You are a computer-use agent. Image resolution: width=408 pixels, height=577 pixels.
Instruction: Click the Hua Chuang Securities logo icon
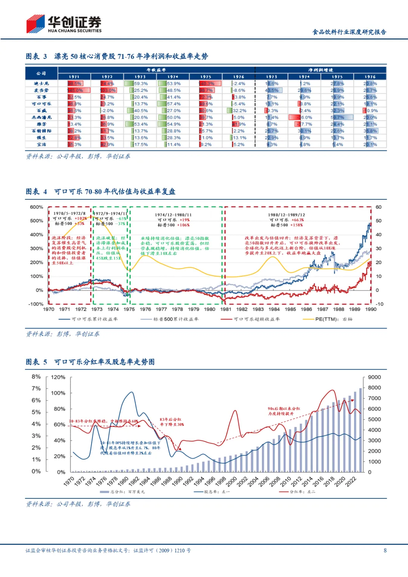36,24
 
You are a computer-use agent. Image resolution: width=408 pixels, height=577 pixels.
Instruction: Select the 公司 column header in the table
41,73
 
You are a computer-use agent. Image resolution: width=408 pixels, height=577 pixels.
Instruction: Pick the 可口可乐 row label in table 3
41,104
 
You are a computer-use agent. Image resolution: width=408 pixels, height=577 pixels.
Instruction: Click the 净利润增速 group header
321,70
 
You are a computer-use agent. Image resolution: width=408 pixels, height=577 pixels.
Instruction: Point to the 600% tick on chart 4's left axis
37,207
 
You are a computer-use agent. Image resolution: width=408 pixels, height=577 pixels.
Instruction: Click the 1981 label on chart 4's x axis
226,309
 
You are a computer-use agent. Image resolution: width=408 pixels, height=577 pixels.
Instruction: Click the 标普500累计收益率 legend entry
175,319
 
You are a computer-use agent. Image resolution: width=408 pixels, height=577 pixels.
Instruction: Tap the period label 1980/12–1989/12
286,215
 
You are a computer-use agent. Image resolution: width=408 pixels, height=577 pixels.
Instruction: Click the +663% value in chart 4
298,220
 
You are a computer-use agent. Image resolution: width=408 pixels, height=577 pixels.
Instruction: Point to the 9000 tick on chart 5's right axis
374,377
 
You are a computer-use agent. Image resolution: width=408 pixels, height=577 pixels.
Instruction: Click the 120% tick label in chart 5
58,377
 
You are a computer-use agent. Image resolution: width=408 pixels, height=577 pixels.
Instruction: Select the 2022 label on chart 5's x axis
351,481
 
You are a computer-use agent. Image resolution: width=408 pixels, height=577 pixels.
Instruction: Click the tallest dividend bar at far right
360,430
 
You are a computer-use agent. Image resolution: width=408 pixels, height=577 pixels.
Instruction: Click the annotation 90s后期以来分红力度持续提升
284,411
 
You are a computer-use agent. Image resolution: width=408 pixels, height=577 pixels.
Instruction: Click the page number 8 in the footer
385,551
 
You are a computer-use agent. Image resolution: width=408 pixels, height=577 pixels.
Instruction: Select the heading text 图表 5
36,362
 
